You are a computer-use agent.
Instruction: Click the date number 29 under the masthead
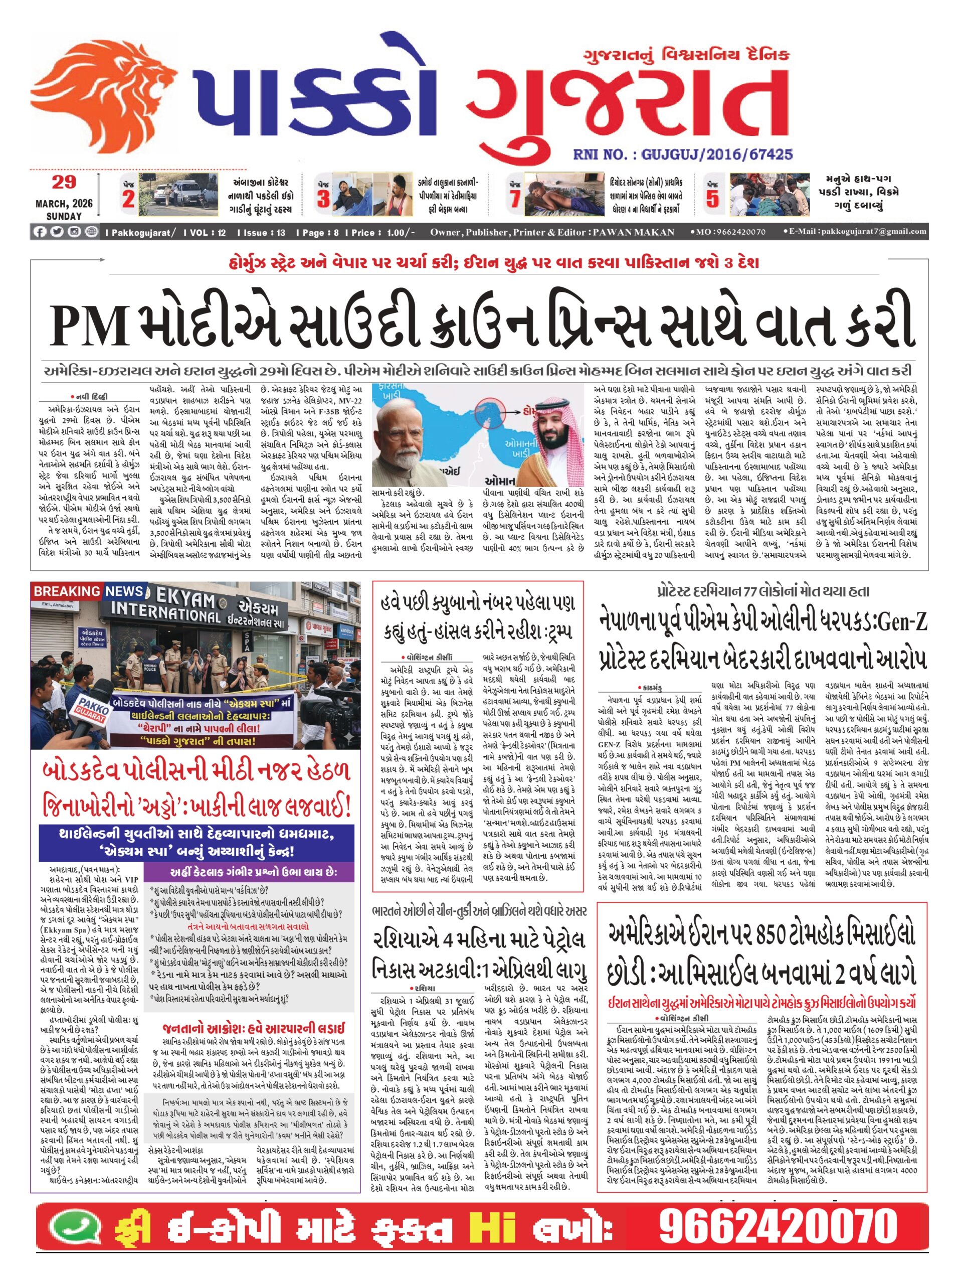click(64, 182)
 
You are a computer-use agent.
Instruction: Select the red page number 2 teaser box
click(128, 196)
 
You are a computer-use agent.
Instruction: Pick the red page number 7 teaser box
click(514, 196)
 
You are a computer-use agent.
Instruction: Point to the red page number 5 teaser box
click(712, 196)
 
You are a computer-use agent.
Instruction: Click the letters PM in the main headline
click(90, 325)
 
